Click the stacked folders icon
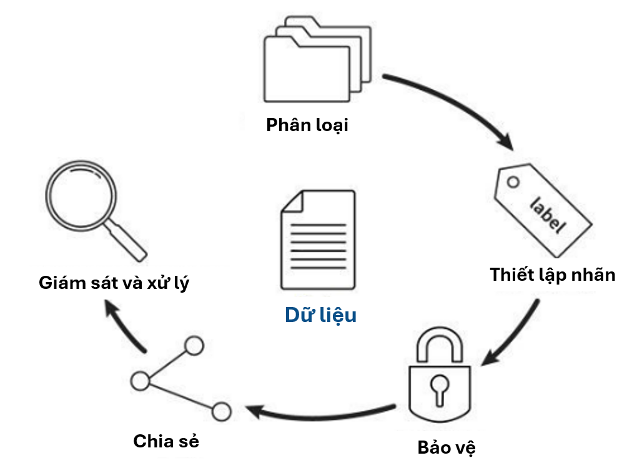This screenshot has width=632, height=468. (x=315, y=60)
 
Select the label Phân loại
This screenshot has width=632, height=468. (x=307, y=125)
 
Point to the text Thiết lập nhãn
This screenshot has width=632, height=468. (x=553, y=275)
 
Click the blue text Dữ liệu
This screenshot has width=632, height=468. (x=321, y=315)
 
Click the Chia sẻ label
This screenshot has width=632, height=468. (x=166, y=442)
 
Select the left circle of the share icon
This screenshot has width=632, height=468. (x=140, y=379)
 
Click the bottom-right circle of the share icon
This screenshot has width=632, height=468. (x=222, y=411)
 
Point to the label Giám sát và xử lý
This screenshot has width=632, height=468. (x=114, y=282)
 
